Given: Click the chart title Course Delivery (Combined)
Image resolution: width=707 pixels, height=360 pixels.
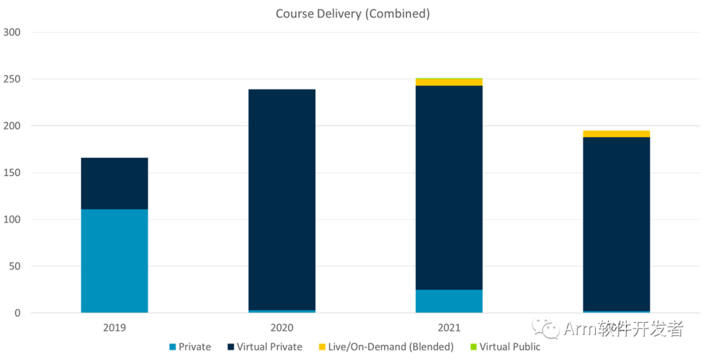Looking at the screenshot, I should pos(353,14).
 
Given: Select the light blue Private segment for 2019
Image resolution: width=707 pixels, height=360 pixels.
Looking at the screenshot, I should pos(115,261).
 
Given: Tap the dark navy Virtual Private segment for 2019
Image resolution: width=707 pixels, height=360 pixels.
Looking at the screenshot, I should pos(115,183).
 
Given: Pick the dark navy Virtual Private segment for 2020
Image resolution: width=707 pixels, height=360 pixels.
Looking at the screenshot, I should pos(282,200).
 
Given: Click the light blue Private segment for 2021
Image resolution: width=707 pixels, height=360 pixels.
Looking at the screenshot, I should pos(449,301).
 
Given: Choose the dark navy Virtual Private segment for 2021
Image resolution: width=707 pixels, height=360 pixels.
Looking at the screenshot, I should pos(449,187).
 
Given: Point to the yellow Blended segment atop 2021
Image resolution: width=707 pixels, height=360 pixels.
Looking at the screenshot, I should pos(449,82).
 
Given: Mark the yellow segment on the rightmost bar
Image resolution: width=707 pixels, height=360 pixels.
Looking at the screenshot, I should pos(617,134).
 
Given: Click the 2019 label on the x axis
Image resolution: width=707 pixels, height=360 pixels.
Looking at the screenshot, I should pos(115,328).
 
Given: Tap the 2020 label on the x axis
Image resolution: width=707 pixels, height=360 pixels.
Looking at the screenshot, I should pos(282,328).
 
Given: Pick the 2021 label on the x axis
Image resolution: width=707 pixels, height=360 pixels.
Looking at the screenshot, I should pos(449,328).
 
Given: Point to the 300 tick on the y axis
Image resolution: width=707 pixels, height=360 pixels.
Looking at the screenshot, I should pos(12,32).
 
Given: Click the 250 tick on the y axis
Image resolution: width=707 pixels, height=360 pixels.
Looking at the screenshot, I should pos(12,79).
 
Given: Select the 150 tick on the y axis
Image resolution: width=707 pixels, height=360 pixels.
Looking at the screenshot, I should pos(12,173).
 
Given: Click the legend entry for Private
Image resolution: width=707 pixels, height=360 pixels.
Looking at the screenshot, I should pos(190,347).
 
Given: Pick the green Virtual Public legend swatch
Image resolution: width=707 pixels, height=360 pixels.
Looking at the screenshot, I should pos(474,347).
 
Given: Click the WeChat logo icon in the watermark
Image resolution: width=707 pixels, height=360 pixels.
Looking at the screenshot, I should pos(545,329).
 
